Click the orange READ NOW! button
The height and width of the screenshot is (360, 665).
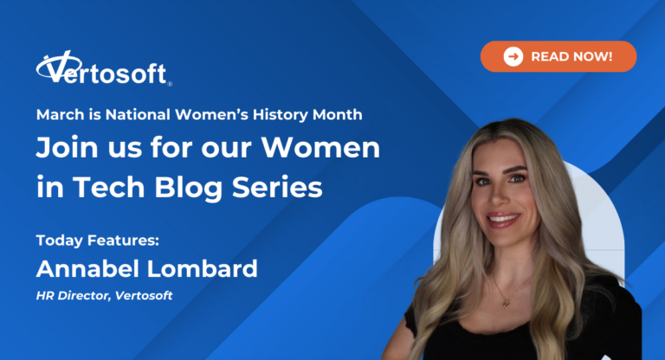click(x=558, y=56)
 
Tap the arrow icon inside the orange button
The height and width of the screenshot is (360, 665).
click(x=513, y=56)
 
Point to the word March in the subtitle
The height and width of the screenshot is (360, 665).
click(x=56, y=114)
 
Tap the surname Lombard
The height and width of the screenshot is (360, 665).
click(x=207, y=268)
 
